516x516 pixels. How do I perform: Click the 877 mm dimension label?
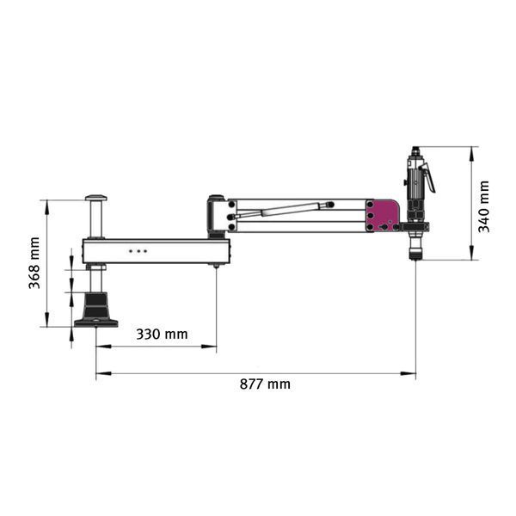[265, 384]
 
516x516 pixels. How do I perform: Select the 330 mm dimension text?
[162, 335]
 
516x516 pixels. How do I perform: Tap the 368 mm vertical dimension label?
[34, 263]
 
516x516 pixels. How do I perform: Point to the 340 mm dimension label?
[483, 206]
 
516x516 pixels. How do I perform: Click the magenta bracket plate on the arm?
[383, 216]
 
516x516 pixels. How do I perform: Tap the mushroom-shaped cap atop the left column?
[96, 198]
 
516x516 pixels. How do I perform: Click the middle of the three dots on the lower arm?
[138, 251]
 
